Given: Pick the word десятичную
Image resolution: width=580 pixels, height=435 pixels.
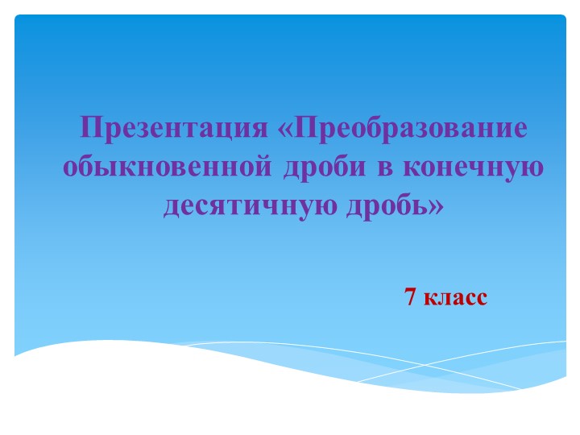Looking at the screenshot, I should tap(251, 207).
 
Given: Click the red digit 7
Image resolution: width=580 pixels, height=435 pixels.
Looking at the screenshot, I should tap(410, 297).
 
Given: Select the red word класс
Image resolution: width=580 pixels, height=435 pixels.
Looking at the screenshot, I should tap(455, 298).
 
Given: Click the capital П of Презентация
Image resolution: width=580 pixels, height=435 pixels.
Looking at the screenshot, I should tap(89, 129).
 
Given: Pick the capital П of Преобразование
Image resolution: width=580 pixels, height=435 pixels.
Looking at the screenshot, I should tap(307, 129).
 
